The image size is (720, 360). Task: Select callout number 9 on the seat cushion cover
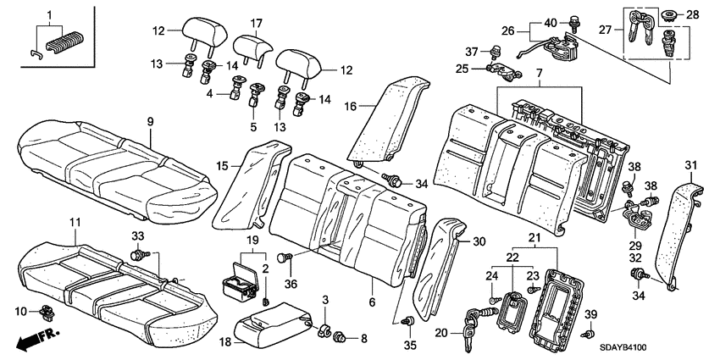[x=149, y=123]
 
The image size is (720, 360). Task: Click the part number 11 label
[x=75, y=222]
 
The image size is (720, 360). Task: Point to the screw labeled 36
[x=285, y=258]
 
